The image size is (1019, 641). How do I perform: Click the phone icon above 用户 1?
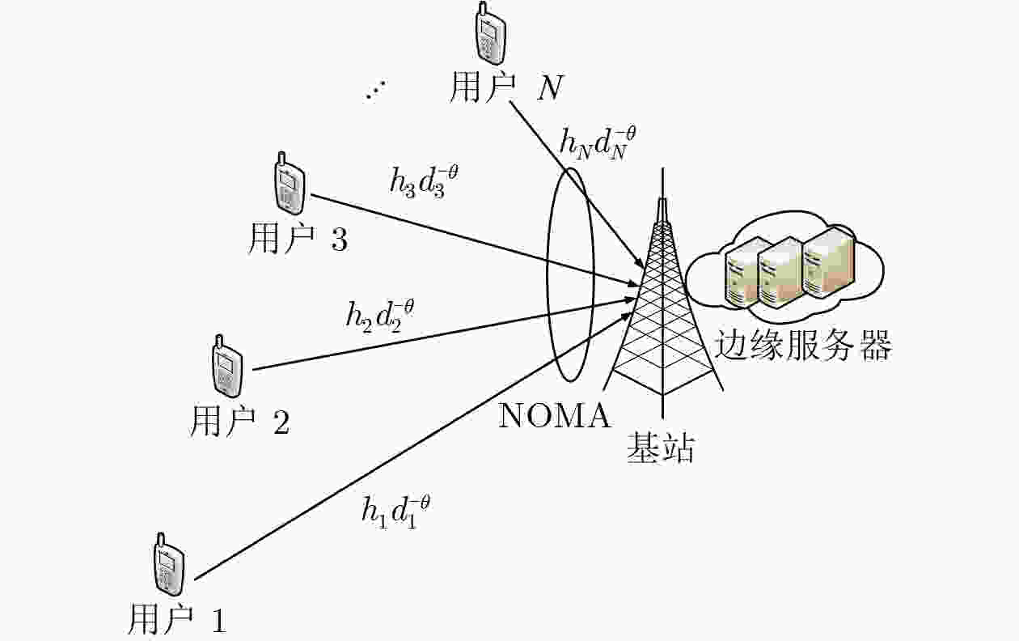click(x=168, y=564)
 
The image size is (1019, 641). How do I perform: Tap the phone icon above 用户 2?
click(x=227, y=366)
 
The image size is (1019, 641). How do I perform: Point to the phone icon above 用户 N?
click(x=490, y=32)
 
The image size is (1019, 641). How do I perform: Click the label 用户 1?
click(x=177, y=618)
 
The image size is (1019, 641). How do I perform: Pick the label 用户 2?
click(x=239, y=420)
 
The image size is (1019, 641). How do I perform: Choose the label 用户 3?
click(x=298, y=238)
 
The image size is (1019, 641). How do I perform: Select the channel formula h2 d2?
click(x=380, y=316)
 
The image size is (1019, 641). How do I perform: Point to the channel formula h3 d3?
click(x=424, y=181)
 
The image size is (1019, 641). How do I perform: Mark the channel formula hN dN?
click(x=598, y=143)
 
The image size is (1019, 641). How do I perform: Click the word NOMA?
click(x=554, y=415)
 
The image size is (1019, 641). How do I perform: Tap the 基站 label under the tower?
click(x=661, y=448)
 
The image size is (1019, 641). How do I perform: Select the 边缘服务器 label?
click(x=803, y=345)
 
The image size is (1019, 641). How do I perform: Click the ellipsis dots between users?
click(x=376, y=90)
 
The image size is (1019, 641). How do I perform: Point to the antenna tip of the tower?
click(x=663, y=168)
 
